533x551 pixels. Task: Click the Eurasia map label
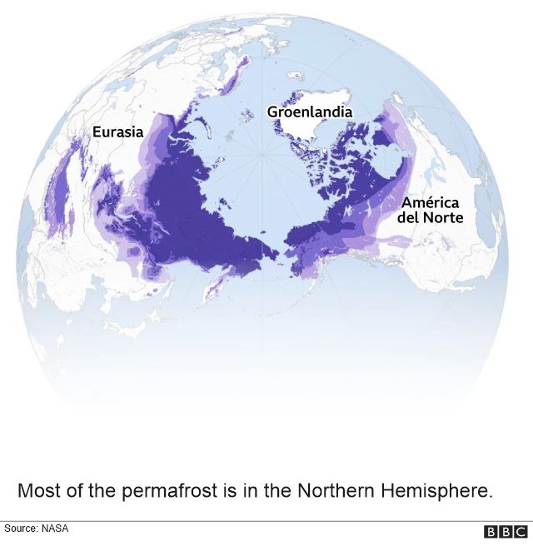[117, 132]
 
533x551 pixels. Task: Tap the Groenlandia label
[310, 112]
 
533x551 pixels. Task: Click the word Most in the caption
[37, 490]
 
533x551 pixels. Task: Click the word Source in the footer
[20, 529]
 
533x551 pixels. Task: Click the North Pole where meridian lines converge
[263, 155]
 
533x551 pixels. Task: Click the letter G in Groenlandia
[272, 112]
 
